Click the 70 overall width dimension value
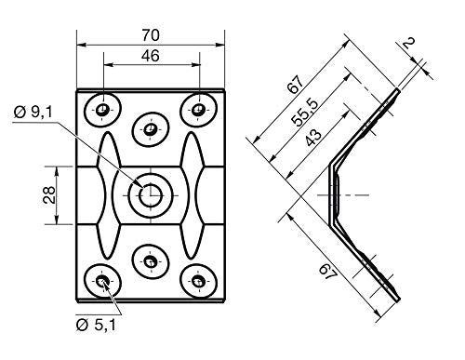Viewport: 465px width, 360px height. point(151,34)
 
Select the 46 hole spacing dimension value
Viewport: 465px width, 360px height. point(151,56)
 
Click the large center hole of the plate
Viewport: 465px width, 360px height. point(151,193)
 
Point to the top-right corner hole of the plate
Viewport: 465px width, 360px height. point(198,109)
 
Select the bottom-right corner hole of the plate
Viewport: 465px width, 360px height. point(198,279)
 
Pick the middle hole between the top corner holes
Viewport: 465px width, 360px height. point(150,129)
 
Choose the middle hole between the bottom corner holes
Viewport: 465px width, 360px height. point(150,261)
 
